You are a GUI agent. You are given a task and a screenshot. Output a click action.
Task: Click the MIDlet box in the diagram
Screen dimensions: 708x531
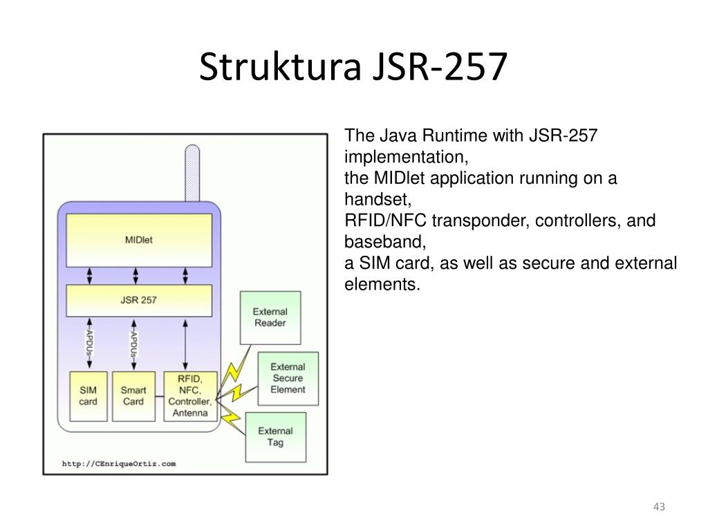click(x=139, y=240)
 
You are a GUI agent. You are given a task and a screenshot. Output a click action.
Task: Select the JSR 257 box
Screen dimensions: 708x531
click(x=139, y=300)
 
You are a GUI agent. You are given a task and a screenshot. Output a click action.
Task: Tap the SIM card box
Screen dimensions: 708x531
click(x=88, y=396)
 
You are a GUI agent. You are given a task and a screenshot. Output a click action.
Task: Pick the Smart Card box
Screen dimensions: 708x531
click(x=133, y=396)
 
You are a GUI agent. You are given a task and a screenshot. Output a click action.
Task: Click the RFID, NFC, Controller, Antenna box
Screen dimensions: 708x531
click(x=190, y=396)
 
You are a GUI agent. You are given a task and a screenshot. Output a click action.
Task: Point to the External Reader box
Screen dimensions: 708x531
click(x=270, y=318)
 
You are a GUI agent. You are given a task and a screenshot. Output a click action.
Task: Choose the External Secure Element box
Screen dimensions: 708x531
click(x=288, y=378)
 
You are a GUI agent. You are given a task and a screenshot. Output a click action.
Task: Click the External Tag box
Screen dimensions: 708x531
click(x=276, y=437)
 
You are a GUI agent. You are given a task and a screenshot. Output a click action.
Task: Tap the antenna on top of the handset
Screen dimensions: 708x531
click(x=192, y=173)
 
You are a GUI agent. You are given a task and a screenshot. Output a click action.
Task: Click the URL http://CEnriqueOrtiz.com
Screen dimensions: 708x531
click(x=119, y=464)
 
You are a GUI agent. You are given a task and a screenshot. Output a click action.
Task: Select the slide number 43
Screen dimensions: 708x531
click(x=659, y=507)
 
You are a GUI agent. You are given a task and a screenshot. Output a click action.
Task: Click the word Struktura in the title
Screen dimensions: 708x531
click(x=281, y=66)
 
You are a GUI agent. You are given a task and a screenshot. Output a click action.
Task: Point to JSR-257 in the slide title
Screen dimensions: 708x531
click(x=440, y=66)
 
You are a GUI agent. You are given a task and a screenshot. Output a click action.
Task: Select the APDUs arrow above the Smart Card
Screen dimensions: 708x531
click(x=133, y=345)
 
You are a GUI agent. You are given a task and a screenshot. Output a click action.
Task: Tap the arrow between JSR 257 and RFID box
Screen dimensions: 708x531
click(x=185, y=345)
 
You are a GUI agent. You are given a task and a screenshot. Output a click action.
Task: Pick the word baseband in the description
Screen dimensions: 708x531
click(x=385, y=242)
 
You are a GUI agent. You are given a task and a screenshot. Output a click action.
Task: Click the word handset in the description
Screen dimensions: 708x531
click(x=378, y=200)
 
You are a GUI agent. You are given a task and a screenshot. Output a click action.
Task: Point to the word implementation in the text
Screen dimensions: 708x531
click(x=407, y=158)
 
